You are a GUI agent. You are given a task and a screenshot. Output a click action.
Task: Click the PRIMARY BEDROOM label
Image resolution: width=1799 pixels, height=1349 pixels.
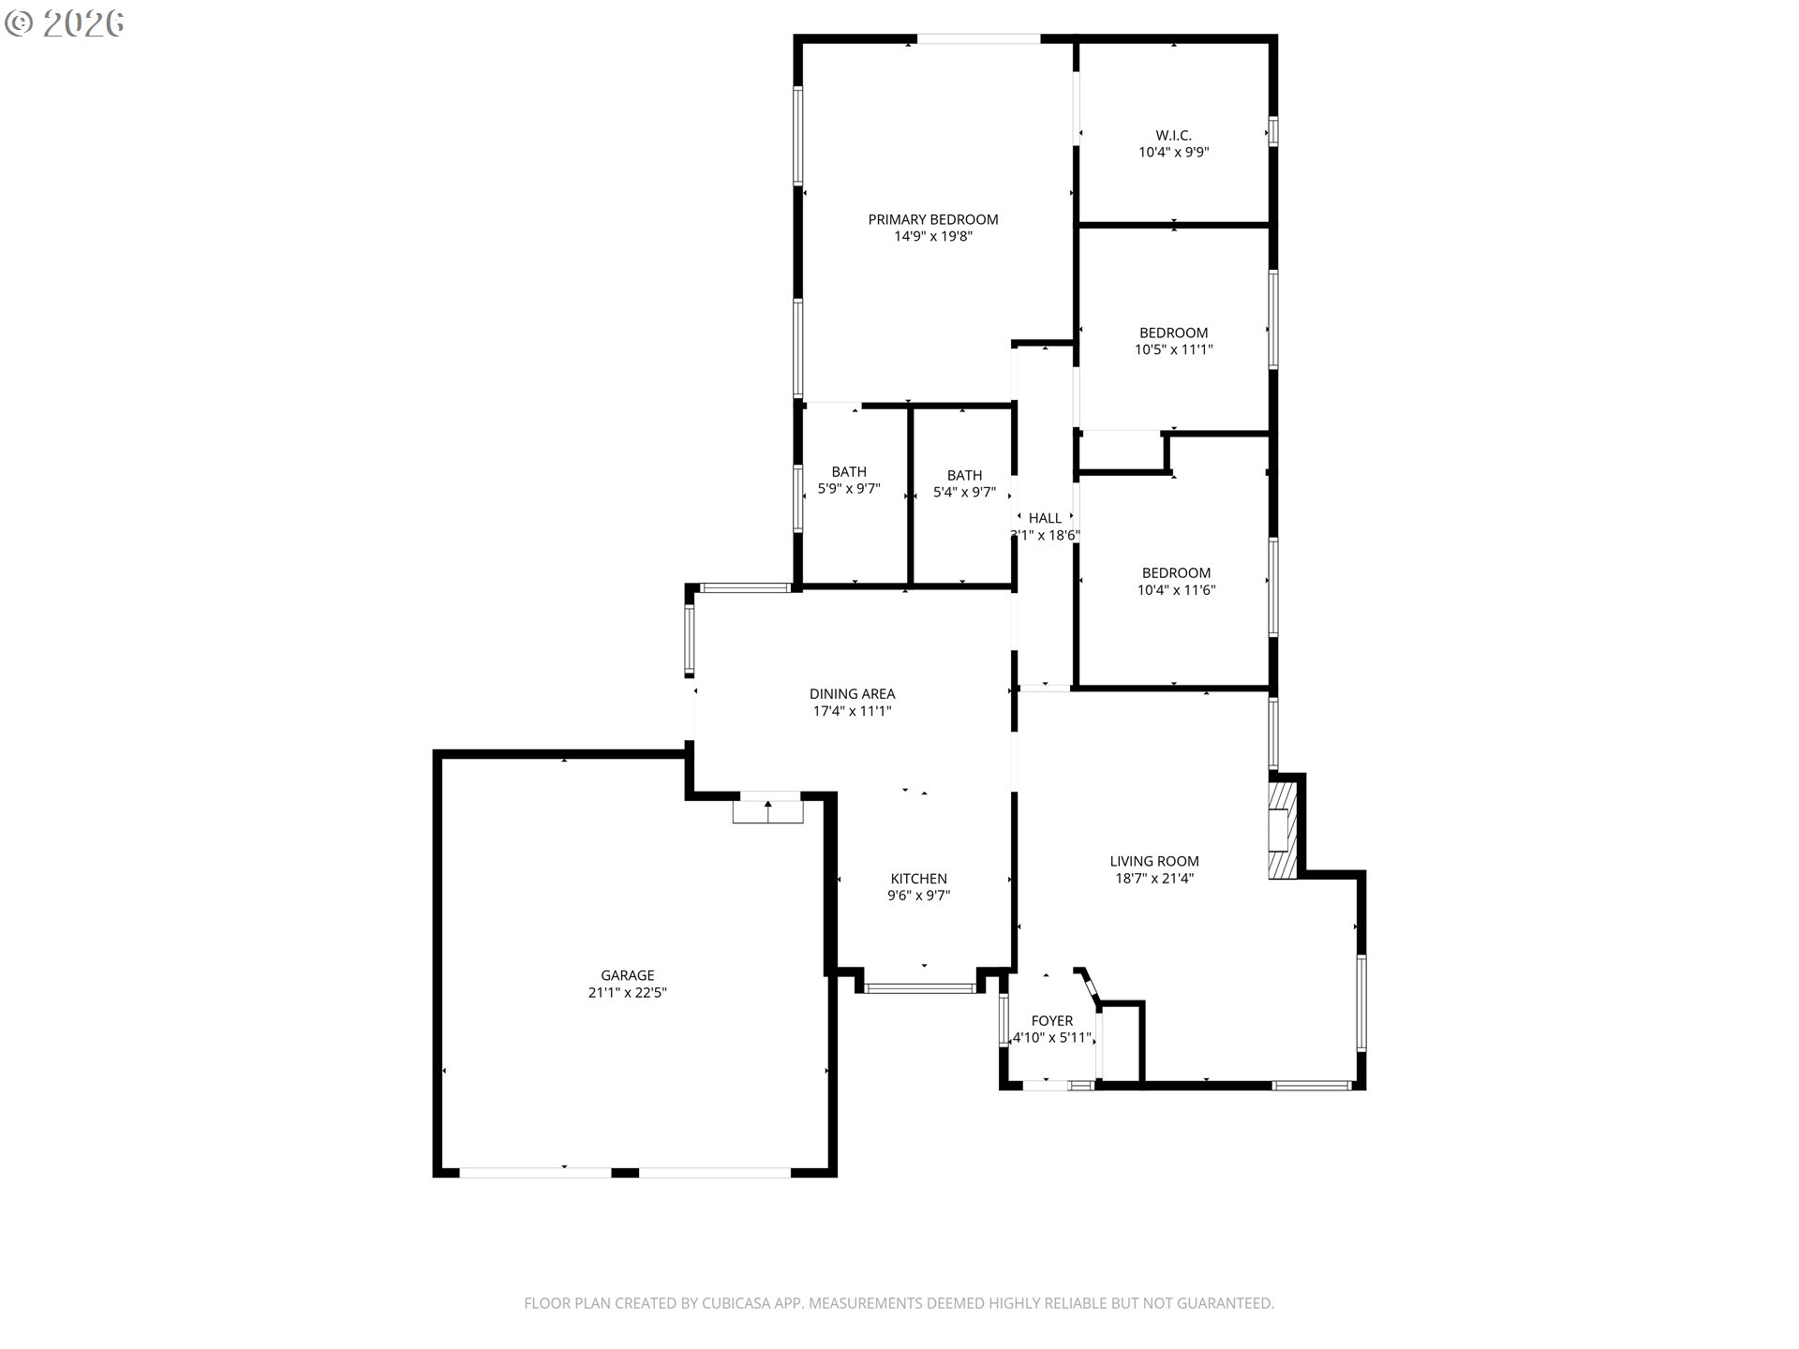point(932,219)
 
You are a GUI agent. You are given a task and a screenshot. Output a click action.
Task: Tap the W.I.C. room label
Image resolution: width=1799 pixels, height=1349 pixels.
point(1173,135)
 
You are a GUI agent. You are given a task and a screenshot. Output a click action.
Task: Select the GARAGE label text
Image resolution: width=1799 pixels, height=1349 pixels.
point(627,975)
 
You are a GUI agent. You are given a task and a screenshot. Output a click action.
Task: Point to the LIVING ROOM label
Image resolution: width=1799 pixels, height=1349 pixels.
point(1153,861)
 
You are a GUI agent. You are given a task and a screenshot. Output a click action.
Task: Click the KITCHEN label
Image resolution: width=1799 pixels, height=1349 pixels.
point(918,878)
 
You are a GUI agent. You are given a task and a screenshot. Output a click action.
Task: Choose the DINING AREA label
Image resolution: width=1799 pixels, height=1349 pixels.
point(852,693)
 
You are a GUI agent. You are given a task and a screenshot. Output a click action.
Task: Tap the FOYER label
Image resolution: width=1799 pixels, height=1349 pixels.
point(1051,1020)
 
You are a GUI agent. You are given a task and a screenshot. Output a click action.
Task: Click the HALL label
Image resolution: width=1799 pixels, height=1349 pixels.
point(1045,518)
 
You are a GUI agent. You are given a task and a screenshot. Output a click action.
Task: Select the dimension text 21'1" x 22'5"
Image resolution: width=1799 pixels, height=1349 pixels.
point(627,992)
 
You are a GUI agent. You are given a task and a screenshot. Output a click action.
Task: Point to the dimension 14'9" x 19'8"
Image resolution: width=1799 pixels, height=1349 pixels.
point(932,236)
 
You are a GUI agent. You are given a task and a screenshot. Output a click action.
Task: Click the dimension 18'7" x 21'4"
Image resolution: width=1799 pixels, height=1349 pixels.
point(1153,878)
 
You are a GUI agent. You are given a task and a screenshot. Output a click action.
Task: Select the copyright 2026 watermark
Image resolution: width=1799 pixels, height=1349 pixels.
point(64,23)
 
